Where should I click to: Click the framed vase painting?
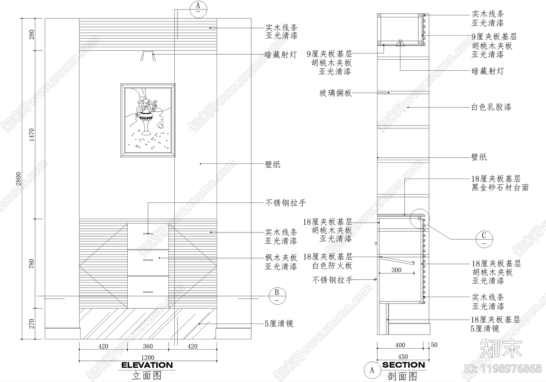[x=148, y=120]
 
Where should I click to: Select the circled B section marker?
[x=277, y=295]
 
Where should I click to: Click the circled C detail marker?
[x=484, y=238]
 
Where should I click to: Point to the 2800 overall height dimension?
[x=19, y=179]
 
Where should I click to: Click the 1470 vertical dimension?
[x=31, y=135]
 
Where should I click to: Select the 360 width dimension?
[x=148, y=346]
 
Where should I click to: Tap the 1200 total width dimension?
[x=147, y=357]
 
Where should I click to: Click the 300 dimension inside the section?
[x=396, y=270]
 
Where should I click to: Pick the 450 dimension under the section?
[x=403, y=357]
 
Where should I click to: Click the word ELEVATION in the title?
[x=147, y=365]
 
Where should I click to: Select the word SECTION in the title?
[x=403, y=365]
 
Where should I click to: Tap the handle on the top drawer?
[x=148, y=233]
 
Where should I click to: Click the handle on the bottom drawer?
[x=148, y=292]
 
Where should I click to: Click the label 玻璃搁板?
[x=335, y=93]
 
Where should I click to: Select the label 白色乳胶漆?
[x=491, y=107]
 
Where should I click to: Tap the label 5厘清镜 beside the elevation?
[x=279, y=323]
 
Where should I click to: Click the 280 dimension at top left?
[x=31, y=34]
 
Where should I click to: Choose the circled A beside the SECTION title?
[x=372, y=370]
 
